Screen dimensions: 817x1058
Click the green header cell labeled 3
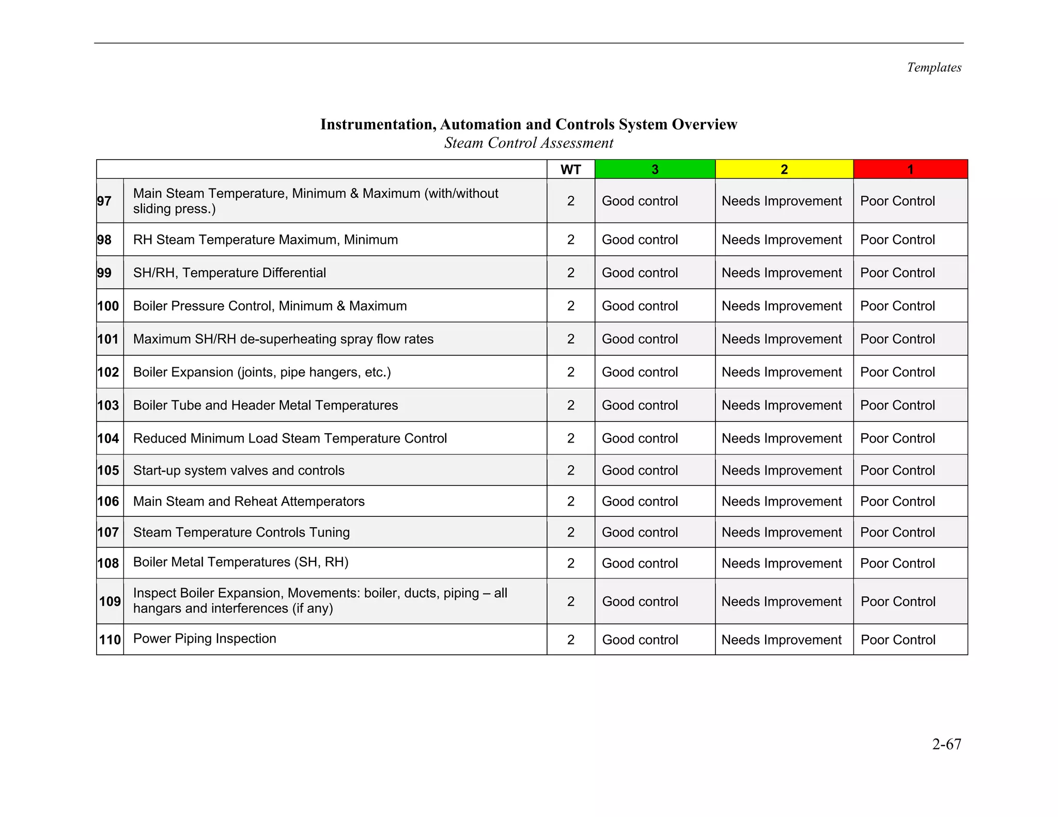(x=655, y=169)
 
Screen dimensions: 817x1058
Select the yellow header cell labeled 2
(x=784, y=169)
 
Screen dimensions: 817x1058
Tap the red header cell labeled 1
(x=910, y=169)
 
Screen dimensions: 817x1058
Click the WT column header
(x=570, y=169)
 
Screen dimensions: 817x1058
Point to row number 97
(x=104, y=201)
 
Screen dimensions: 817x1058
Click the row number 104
(x=108, y=438)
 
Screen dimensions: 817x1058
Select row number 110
(x=110, y=640)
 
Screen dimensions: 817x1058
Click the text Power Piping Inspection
(x=205, y=639)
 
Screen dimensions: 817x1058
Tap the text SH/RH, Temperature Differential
(x=229, y=273)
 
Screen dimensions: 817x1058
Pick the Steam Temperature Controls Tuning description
(x=241, y=532)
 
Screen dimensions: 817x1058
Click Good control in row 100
(x=640, y=306)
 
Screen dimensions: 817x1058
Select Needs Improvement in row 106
(x=782, y=501)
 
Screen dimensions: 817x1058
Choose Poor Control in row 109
(x=898, y=602)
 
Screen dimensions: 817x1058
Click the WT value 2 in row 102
(x=570, y=372)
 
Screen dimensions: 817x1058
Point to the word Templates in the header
(x=934, y=68)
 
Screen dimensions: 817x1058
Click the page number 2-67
(x=946, y=744)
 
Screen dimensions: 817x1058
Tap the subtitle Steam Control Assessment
(x=528, y=143)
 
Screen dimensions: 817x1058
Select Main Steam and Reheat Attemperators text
(x=248, y=501)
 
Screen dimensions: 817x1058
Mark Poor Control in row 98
(x=897, y=240)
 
